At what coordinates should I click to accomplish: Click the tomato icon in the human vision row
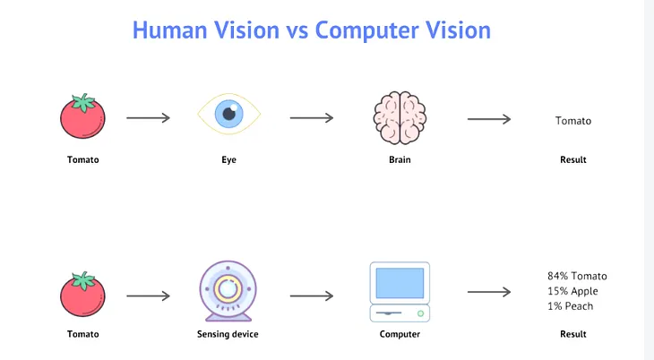click(x=83, y=117)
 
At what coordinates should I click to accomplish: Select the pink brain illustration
click(x=400, y=117)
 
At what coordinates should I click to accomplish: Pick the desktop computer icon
click(x=400, y=291)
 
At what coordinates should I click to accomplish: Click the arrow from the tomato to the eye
click(x=148, y=118)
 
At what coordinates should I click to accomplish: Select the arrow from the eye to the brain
click(x=311, y=118)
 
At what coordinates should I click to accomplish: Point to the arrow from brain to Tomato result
click(x=489, y=118)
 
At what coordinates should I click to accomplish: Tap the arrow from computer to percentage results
click(x=489, y=292)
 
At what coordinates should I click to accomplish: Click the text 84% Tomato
click(x=577, y=276)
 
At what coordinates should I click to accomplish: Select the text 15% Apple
click(x=572, y=291)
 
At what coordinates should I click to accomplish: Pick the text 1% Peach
click(x=570, y=306)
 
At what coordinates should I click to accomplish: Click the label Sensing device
click(x=228, y=335)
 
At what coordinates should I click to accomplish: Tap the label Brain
click(x=400, y=160)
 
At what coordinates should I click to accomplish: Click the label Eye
click(x=228, y=160)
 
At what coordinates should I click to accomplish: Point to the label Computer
click(x=400, y=335)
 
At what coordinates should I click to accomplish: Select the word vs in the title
click(x=298, y=30)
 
